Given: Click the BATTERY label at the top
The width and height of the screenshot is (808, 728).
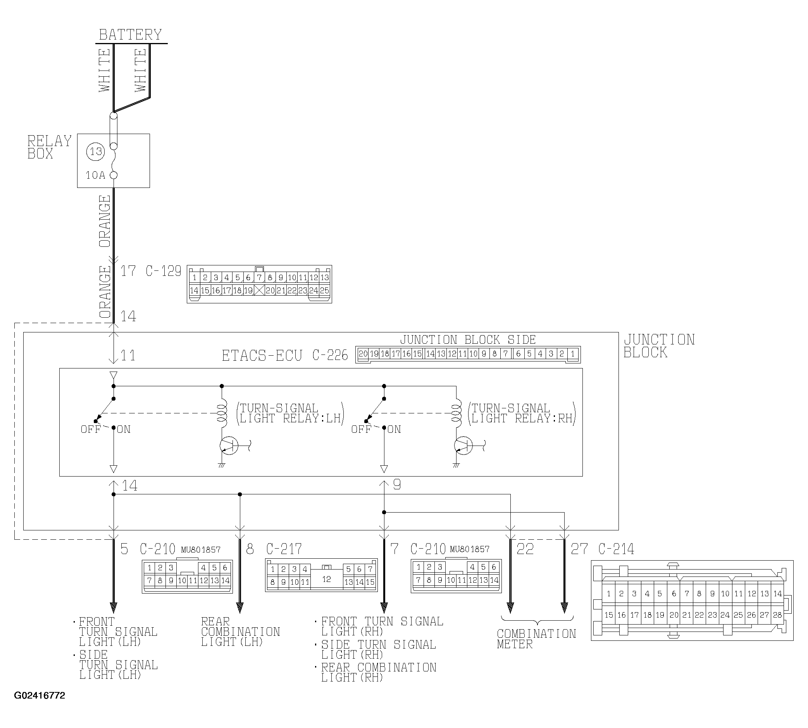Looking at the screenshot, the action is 130,35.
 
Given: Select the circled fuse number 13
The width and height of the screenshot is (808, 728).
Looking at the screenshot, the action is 96,151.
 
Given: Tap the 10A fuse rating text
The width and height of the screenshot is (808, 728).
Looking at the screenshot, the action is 95,175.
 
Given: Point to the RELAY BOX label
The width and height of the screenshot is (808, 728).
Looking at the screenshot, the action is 49,147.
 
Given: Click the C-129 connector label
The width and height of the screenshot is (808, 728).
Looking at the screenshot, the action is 163,271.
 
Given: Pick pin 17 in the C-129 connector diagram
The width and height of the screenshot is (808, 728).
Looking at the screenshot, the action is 227,291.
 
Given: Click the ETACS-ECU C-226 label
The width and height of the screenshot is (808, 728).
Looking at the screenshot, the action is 285,355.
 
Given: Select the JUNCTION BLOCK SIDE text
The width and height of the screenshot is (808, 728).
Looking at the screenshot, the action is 468,340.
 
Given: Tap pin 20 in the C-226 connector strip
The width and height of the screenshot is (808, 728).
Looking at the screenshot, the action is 363,354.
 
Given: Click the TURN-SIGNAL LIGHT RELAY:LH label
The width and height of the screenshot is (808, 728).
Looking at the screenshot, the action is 290,413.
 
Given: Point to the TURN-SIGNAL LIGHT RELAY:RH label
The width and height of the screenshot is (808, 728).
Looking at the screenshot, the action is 522,413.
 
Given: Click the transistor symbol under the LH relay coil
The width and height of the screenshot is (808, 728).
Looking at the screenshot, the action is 229,446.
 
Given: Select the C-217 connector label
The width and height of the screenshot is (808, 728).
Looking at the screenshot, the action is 284,549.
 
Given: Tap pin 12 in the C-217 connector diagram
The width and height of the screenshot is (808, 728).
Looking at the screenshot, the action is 326,579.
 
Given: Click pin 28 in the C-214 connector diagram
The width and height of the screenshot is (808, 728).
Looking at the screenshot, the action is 777,615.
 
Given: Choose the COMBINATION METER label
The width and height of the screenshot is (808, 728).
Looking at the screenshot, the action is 536,639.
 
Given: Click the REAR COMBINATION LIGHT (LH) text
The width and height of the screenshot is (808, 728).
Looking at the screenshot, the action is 240,632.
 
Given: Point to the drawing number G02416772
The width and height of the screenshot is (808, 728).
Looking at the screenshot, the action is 40,695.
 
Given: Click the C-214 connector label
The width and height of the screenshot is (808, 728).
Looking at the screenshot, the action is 616,549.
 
